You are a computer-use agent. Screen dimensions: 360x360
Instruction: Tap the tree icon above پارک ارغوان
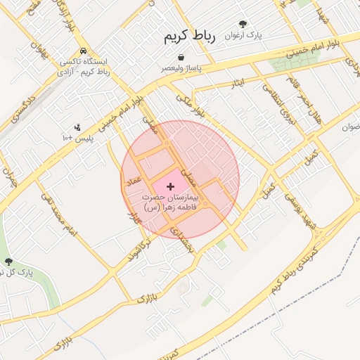tap(243, 23)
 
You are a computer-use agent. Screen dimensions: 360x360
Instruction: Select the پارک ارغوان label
tap(243, 34)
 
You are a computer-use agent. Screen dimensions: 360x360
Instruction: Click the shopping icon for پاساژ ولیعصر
tap(182, 57)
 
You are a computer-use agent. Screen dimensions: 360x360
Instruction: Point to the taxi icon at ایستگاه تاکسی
tap(84, 51)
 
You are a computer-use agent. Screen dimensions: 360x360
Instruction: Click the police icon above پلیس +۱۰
tap(77, 128)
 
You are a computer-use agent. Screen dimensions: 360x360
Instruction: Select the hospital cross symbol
tap(171, 186)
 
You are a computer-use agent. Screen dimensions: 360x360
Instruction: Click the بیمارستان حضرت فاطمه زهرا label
tap(171, 203)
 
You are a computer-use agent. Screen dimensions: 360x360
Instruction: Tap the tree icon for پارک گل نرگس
tap(8, 262)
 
